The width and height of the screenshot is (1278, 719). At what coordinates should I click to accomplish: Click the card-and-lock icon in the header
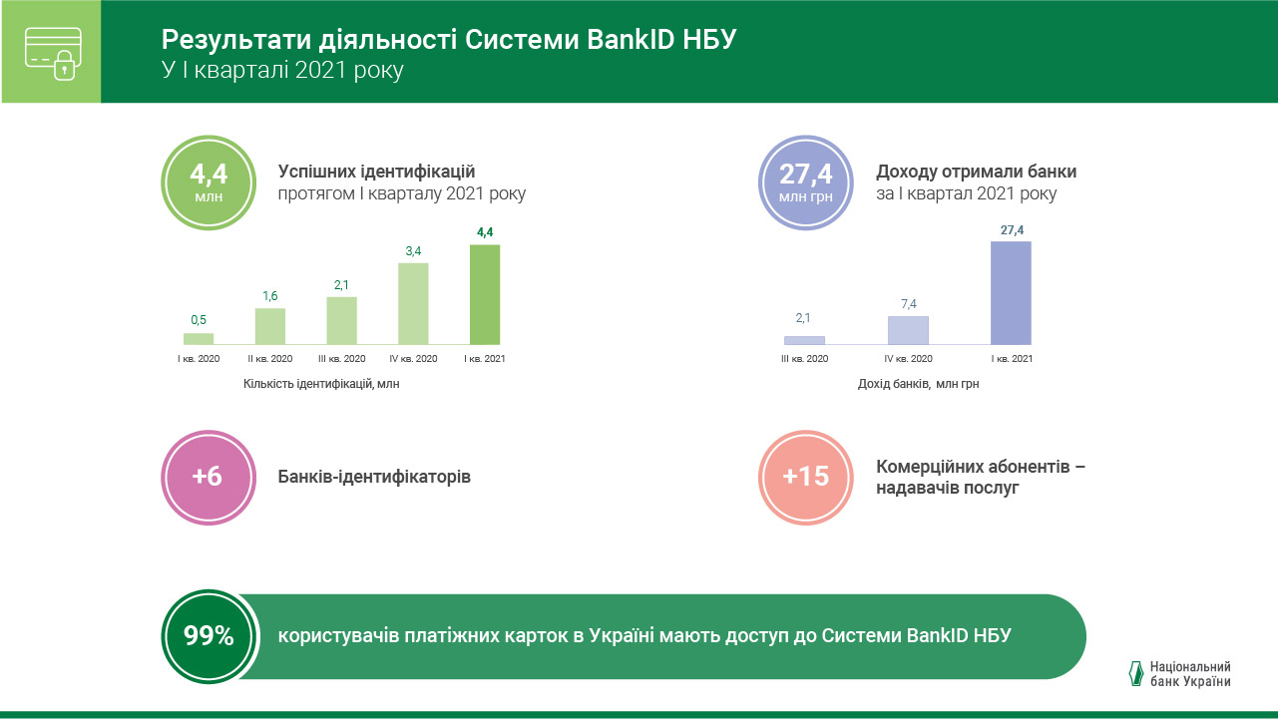(x=51, y=52)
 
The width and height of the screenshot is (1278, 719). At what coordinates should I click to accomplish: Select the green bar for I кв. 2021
(x=485, y=294)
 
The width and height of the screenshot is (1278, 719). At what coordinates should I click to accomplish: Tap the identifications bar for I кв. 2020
(x=199, y=339)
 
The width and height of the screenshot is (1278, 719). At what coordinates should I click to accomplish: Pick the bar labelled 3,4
(x=413, y=303)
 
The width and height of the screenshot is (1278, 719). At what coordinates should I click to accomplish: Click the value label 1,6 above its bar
(x=270, y=296)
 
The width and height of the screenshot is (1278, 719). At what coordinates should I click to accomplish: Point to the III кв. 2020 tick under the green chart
(x=341, y=359)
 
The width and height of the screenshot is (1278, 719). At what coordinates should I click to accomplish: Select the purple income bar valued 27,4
(x=1011, y=293)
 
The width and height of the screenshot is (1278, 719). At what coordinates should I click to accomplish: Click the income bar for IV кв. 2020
(x=908, y=330)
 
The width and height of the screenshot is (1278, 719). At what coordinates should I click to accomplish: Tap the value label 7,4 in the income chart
(x=908, y=303)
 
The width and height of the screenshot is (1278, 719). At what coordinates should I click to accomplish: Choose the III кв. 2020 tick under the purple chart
(x=804, y=359)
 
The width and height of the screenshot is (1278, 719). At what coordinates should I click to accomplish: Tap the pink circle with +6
(x=207, y=477)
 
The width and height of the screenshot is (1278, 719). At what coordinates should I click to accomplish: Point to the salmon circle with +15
(x=805, y=477)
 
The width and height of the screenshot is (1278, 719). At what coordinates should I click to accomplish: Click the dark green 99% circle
(x=209, y=636)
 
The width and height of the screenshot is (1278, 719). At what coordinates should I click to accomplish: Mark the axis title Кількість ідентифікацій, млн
(x=321, y=383)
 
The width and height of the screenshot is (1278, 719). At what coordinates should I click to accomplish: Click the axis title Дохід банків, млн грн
(x=918, y=383)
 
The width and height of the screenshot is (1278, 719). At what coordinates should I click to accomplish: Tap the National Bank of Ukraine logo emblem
(x=1135, y=674)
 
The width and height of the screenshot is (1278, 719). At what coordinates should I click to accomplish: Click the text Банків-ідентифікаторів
(x=374, y=477)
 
